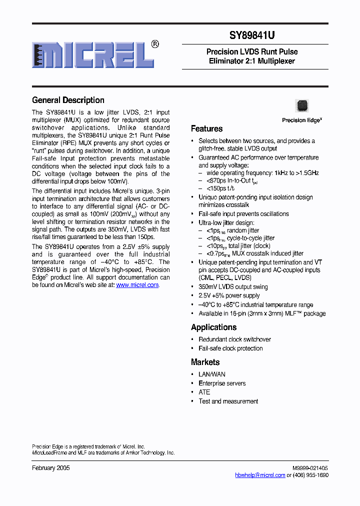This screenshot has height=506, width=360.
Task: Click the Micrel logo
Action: [93, 54]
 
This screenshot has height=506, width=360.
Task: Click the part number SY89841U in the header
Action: [252, 35]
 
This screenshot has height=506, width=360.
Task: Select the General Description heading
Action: [68, 100]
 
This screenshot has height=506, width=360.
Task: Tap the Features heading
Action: [206, 128]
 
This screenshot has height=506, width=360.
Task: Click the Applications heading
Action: [213, 327]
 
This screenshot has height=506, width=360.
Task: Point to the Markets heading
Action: [205, 362]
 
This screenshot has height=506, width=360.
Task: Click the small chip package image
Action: [302, 105]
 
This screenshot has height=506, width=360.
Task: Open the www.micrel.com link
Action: [137, 285]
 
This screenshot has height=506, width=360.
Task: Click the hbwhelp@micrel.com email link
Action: [260, 475]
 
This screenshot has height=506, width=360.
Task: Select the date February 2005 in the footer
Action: [51, 468]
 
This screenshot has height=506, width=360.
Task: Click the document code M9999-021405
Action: [310, 468]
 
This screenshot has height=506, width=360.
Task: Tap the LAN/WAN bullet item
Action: [212, 374]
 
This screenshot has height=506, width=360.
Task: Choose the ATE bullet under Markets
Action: [204, 392]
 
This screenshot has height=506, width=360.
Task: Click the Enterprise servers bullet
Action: [222, 383]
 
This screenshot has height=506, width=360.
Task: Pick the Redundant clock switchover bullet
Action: [234, 339]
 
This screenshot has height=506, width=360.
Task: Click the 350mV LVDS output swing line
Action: [233, 287]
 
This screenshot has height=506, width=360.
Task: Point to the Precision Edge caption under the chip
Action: [301, 120]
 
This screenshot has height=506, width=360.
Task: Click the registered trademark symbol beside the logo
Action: [155, 44]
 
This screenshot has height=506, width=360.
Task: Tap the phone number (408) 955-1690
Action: [311, 475]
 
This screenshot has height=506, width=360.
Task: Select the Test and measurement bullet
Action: [228, 401]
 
